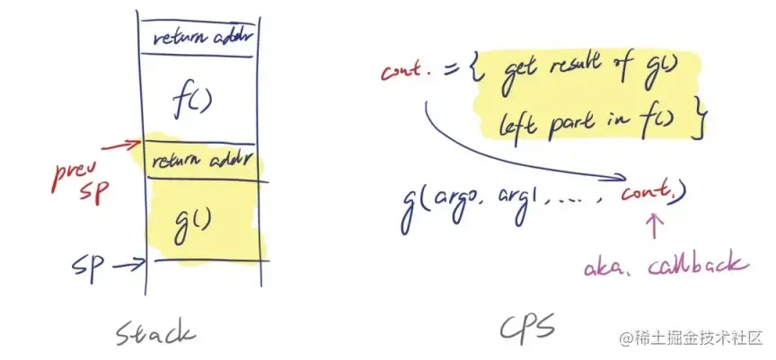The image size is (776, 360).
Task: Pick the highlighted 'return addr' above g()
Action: [x=200, y=162]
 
